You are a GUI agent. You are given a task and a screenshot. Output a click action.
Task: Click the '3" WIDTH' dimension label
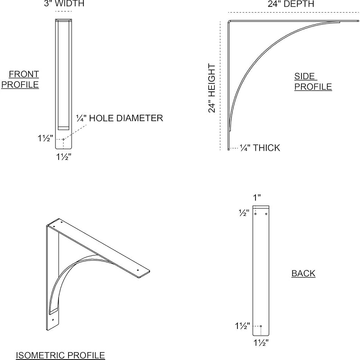64,4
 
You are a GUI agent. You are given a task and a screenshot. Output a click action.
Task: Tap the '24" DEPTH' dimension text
291,4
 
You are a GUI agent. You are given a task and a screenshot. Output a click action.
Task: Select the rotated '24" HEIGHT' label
212,88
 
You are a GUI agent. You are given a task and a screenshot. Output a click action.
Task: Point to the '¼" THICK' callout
260,148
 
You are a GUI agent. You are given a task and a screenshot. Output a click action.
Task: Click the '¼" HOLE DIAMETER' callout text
119,118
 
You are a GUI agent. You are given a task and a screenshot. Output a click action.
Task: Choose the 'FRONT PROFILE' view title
20,80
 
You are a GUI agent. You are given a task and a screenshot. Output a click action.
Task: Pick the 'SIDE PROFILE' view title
313,81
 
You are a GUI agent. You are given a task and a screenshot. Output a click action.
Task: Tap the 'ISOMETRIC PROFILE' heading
60,355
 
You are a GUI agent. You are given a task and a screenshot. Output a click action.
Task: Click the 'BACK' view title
303,274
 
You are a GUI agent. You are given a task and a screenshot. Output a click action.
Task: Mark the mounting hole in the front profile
64,139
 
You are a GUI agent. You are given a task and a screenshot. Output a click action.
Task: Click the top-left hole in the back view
255,214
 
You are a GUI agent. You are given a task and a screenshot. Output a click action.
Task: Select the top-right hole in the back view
266,214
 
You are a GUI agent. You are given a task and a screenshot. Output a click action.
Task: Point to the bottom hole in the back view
261,326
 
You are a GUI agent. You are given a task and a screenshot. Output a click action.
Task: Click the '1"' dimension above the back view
257,198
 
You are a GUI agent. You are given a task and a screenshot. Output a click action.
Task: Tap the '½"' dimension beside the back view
244,213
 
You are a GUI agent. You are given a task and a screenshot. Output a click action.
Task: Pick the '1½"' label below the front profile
64,157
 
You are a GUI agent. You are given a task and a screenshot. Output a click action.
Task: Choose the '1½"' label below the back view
261,343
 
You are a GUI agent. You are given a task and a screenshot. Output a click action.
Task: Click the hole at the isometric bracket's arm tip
138,270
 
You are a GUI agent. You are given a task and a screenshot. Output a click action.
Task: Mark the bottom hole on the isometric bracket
53,320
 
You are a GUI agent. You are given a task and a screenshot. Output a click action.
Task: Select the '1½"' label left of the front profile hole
46,138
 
